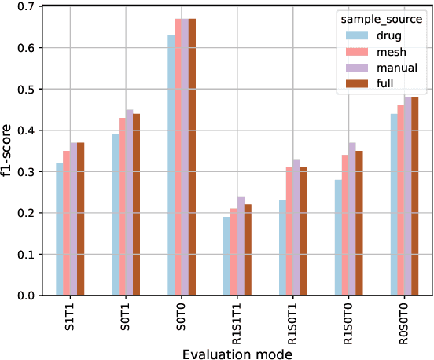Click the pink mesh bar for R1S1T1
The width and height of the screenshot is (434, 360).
tap(234, 252)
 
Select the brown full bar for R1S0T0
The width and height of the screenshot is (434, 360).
tap(361, 223)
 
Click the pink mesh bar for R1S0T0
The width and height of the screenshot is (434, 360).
tap(346, 225)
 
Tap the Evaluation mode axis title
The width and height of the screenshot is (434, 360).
tap(237, 354)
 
